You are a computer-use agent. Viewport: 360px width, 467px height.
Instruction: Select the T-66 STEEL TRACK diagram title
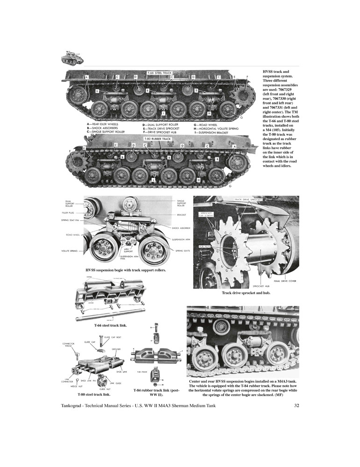(159, 73)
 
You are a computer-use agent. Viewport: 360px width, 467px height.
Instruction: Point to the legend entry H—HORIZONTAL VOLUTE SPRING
(216, 128)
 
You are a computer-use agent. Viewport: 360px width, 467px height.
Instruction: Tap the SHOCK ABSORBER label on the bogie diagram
(182, 228)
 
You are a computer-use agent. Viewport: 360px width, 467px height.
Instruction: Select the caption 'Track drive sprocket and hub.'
(246, 293)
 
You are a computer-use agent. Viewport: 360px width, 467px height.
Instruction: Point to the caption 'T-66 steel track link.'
(110, 325)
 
